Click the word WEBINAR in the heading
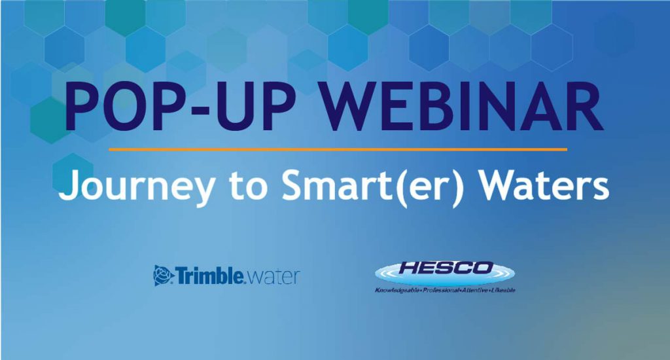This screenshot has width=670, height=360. (463, 107)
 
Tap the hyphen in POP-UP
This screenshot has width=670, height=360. (201, 111)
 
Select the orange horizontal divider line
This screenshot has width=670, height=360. (338, 149)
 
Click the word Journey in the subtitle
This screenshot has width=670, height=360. (137, 187)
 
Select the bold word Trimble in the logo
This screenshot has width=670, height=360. (210, 276)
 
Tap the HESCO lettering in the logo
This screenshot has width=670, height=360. (445, 268)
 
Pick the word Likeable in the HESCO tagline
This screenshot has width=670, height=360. (503, 291)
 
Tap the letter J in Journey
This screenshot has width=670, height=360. (67, 185)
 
